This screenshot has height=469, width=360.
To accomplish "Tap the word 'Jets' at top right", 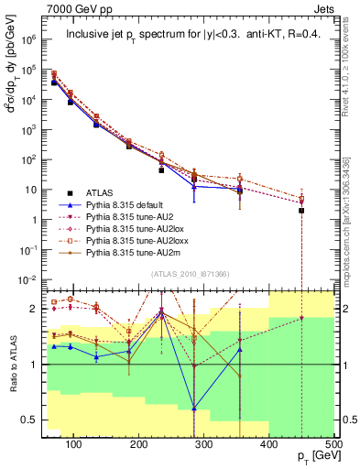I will coord(326,7).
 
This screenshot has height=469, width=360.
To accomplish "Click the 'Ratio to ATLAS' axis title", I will coord(13,364).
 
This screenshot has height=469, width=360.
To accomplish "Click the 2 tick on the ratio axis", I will coord(38,310).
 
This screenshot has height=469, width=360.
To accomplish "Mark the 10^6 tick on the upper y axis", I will coord(31,40).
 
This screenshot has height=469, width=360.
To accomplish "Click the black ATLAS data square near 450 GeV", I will coord(301,211).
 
